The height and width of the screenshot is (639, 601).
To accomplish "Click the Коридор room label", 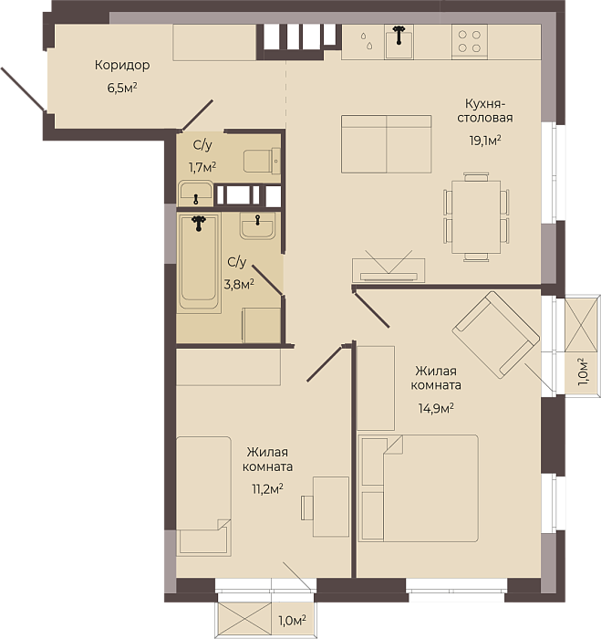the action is coord(122,65).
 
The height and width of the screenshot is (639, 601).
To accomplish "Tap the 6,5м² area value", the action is coord(121,88).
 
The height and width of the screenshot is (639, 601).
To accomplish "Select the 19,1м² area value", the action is coord(485,141).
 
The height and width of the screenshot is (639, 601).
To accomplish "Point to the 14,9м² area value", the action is coord(436,408).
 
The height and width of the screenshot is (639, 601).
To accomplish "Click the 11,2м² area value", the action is coord(267,488).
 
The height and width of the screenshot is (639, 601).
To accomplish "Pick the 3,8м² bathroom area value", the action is coord(239,284).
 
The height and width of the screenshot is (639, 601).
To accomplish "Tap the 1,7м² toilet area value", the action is coord(202,167).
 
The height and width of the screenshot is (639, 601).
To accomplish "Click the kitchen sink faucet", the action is coord(399,35).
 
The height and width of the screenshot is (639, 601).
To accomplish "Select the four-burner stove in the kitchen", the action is coord(470,42).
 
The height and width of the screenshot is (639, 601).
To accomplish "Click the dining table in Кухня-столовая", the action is coord(476,217).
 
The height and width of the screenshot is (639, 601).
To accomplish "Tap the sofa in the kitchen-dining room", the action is coord(386,144).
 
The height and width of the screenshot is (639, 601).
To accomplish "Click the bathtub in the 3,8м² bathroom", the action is coord(199,263).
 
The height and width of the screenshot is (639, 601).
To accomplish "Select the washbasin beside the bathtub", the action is coord(257,225).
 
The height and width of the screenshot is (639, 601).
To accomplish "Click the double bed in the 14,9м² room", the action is coord(419,488).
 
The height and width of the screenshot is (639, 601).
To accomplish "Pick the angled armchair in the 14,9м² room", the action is coord(496,334).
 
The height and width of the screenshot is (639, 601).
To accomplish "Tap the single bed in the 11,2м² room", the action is coord(203,497).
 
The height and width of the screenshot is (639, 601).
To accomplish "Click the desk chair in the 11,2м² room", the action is coord(307,508).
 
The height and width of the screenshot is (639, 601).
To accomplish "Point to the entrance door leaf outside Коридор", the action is coord(23,89).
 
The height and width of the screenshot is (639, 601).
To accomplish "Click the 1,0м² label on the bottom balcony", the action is coord(292,621).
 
